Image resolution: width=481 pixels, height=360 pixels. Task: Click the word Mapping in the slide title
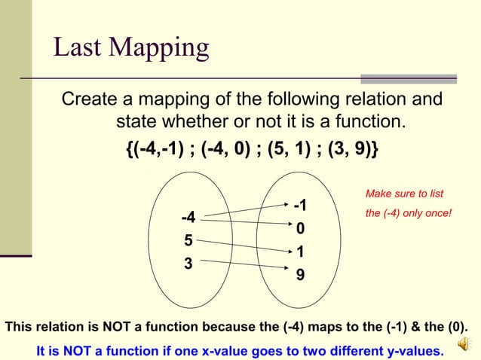[x=159, y=49]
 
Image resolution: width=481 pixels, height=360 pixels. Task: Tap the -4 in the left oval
[x=188, y=218]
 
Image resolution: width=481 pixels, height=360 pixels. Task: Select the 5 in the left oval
[x=188, y=241]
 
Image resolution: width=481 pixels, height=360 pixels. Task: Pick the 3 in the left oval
[x=188, y=264]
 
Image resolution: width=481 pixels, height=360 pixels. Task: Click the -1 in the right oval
[x=300, y=206]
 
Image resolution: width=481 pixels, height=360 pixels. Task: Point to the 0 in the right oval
[x=300, y=228]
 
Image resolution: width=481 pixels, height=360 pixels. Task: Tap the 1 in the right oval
[x=300, y=252]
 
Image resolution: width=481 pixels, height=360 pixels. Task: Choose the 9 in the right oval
[x=300, y=276]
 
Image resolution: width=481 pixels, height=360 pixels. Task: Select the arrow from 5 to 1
[x=241, y=246]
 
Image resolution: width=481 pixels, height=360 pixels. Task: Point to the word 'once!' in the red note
[x=437, y=213]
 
